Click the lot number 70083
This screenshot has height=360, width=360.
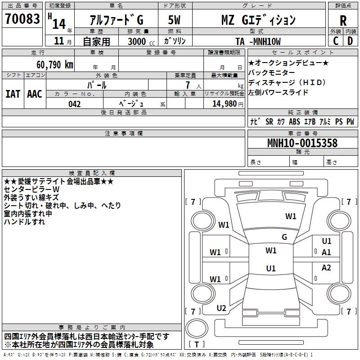pyautogui.click(x=22, y=18)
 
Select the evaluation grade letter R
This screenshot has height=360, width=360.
pyautogui.click(x=343, y=21)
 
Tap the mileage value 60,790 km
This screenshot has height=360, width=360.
pyautogui.click(x=54, y=65)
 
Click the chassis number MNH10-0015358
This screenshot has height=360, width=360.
pyautogui.click(x=302, y=143)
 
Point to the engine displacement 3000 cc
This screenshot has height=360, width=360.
pyautogui.click(x=141, y=41)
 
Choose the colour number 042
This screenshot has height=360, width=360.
pyautogui.click(x=75, y=104)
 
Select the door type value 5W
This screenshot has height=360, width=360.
pyautogui.click(x=174, y=20)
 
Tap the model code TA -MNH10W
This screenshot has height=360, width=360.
pyautogui.click(x=258, y=41)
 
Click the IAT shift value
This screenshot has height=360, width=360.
pyautogui.click(x=13, y=94)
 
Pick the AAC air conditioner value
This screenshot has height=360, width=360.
pyautogui.click(x=35, y=94)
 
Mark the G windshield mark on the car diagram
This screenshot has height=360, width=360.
pyautogui.click(x=284, y=237)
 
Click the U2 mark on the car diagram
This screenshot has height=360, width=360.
pyautogui.click(x=221, y=308)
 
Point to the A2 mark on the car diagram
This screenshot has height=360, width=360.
pyautogui.click(x=326, y=267)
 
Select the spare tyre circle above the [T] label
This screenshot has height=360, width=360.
pyautogui.click(x=197, y=328)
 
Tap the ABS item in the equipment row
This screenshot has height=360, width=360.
pyautogui.click(x=294, y=121)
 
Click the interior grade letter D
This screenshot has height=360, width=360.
pyautogui.click(x=350, y=41)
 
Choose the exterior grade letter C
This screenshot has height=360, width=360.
pyautogui.click(x=336, y=41)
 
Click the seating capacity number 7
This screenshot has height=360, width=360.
pyautogui.click(x=188, y=85)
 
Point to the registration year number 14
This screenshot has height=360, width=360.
pyautogui.click(x=59, y=24)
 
